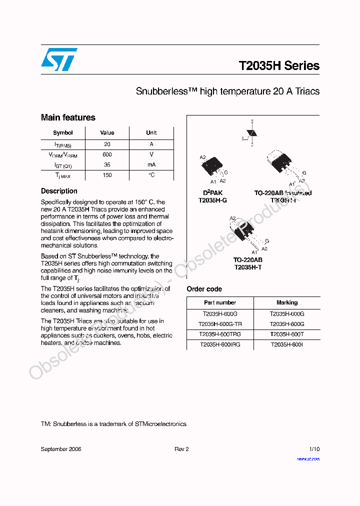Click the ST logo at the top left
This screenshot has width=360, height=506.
[x=59, y=59]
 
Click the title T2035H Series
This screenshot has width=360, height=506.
[x=278, y=66]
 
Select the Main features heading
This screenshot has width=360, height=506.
[x=68, y=117]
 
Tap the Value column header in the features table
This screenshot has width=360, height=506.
[x=107, y=133]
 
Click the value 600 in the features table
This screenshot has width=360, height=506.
[x=107, y=154]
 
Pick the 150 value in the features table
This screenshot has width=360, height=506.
[x=107, y=175]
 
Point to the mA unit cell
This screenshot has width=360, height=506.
[x=151, y=164]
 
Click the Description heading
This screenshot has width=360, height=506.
[x=59, y=191]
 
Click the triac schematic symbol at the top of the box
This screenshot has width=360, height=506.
[x=251, y=133]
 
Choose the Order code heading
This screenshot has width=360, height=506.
[x=204, y=289]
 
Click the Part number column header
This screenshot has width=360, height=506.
[x=220, y=302]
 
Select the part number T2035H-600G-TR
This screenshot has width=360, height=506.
[x=220, y=324]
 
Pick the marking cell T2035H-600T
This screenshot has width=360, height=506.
[x=287, y=334]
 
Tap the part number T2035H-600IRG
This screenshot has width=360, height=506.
[x=220, y=345]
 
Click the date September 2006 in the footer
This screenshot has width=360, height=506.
[x=60, y=449]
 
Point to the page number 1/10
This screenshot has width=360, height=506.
[x=314, y=449]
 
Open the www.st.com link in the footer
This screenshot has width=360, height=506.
[x=308, y=458]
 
